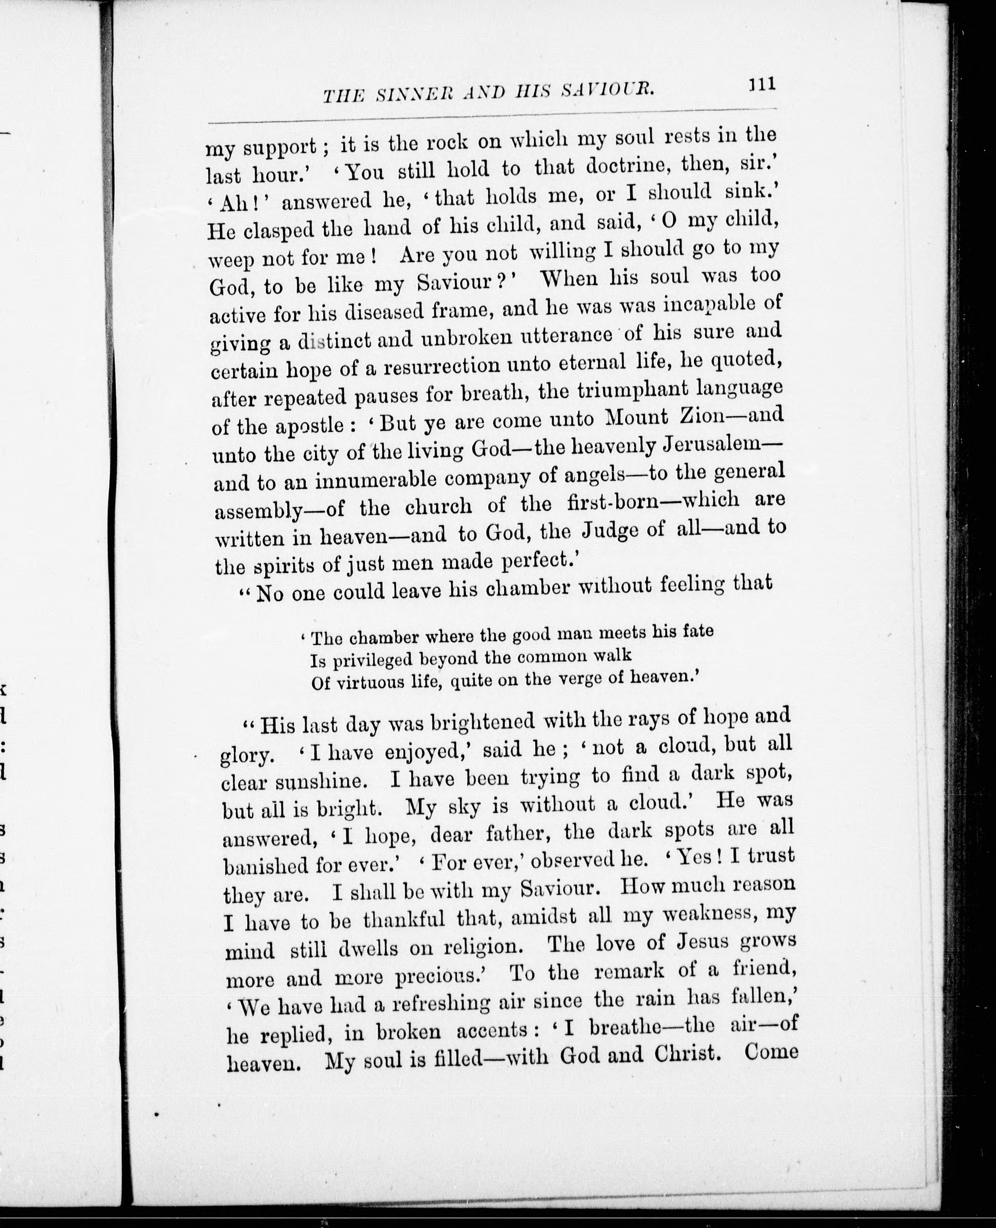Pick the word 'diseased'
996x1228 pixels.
382,312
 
